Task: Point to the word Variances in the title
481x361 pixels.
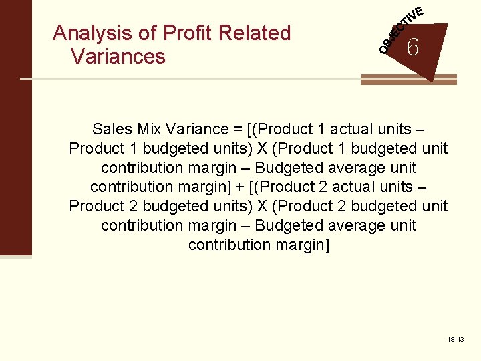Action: [x=118, y=57]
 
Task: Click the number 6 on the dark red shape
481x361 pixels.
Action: [x=413, y=48]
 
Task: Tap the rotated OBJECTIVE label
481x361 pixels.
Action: [x=401, y=30]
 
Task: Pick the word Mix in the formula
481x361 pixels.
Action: [x=151, y=129]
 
